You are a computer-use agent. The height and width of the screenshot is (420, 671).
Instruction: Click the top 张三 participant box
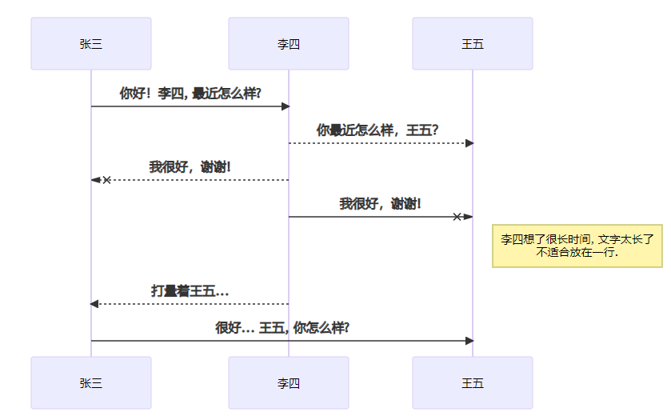(91, 44)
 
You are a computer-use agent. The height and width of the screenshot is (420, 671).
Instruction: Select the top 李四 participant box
(289, 44)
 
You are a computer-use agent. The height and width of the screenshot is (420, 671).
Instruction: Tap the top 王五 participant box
(473, 44)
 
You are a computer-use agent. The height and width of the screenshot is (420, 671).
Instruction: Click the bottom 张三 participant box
(91, 383)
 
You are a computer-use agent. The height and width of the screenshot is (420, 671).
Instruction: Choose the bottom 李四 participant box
(289, 383)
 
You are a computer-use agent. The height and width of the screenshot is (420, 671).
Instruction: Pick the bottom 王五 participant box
(473, 383)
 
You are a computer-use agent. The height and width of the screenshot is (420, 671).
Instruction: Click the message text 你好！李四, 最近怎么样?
(190, 94)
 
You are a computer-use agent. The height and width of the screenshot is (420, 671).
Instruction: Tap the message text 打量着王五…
(190, 291)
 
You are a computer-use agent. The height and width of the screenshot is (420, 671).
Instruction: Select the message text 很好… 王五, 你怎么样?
(282, 328)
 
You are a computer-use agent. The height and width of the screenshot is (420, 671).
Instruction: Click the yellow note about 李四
(577, 246)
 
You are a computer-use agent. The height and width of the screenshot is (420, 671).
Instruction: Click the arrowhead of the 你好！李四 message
(285, 106)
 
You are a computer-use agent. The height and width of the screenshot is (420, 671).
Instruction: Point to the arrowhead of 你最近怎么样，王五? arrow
(469, 143)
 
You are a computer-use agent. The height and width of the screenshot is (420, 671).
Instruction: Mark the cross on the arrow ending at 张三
(106, 180)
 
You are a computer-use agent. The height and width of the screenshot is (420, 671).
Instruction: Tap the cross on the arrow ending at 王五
(457, 217)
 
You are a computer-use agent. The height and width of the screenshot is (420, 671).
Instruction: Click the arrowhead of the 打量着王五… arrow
(94, 304)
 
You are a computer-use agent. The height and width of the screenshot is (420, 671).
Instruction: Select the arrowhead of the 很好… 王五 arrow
(469, 341)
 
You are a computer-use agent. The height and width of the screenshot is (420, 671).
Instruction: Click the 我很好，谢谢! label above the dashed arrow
(190, 167)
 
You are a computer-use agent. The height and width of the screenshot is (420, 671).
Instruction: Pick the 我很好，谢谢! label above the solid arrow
(381, 204)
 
